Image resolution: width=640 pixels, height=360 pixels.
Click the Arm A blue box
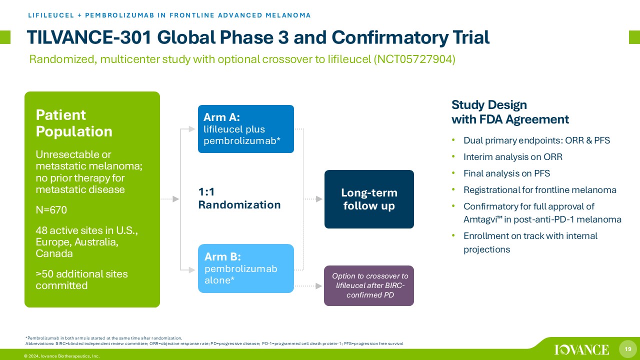point(245,129)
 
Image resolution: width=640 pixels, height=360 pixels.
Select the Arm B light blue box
point(245,268)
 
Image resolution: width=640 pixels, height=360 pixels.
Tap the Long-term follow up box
point(369,199)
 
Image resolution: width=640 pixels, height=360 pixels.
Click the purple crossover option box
point(369,285)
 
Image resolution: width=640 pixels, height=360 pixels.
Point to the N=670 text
point(51,210)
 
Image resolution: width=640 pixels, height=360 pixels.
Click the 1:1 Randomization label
point(239,198)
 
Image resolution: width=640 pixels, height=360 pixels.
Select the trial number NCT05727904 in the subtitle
point(414,59)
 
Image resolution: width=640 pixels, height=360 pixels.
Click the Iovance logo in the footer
point(581,349)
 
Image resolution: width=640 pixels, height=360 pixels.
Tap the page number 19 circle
point(627,349)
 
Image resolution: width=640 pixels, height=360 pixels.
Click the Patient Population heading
point(74,123)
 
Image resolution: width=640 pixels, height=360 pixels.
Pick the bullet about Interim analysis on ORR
point(513,157)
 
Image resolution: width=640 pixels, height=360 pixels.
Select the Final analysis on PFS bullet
point(506,173)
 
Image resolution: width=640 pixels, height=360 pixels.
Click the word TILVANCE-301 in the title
point(89,37)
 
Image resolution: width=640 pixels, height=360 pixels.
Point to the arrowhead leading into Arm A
point(192,129)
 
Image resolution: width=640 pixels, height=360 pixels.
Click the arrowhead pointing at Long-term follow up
point(319,199)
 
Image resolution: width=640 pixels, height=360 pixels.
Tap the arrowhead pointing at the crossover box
point(319,285)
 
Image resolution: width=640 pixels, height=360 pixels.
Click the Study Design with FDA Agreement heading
point(510,112)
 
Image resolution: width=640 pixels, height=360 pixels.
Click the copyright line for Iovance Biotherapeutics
point(61,356)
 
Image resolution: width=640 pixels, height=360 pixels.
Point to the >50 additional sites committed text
point(81,279)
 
